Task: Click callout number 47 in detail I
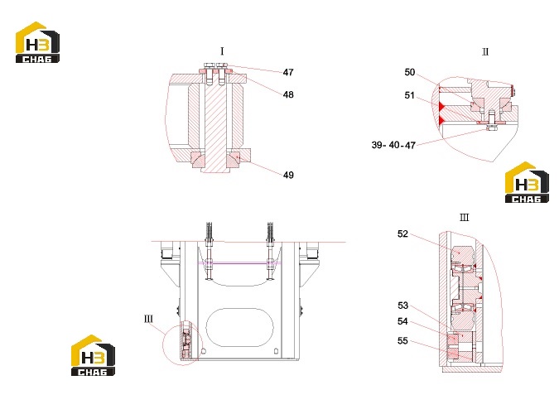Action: pos(288,72)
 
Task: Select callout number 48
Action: pos(288,94)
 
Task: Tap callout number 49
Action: pos(288,175)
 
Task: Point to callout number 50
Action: pos(410,72)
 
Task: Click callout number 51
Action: pos(410,95)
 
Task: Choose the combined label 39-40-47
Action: pos(393,145)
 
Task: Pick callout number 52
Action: pos(402,234)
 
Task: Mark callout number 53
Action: pos(402,306)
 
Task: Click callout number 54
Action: pos(402,321)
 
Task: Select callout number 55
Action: pos(402,341)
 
